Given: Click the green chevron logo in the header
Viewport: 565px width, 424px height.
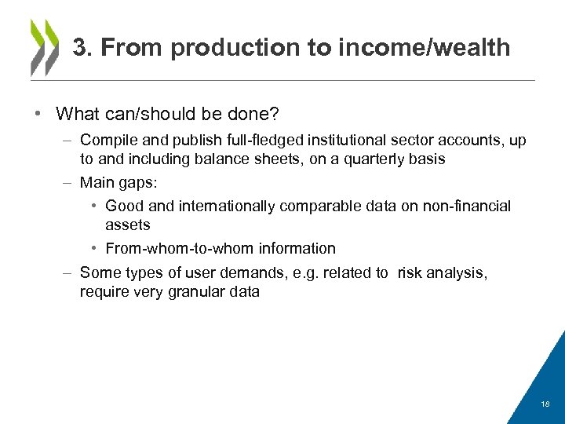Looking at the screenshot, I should pyautogui.click(x=44, y=47).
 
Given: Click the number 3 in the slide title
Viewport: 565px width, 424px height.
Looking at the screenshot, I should pyautogui.click(x=79, y=48).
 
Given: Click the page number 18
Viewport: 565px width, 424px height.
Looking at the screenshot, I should pyautogui.click(x=545, y=404).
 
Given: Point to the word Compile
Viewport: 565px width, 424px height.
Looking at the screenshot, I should pyautogui.click(x=107, y=141).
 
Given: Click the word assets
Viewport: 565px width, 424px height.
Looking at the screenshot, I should pyautogui.click(x=127, y=225).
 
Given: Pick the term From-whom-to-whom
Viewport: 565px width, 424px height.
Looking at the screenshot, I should pyautogui.click(x=166, y=249).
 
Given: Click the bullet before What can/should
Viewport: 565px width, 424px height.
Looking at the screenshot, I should pyautogui.click(x=38, y=114).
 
